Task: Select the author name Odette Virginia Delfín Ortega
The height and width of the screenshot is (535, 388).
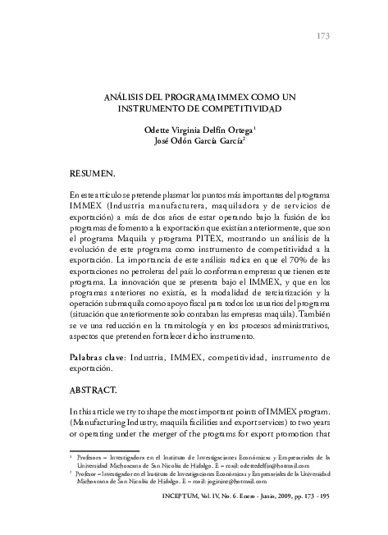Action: pos(199,129)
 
